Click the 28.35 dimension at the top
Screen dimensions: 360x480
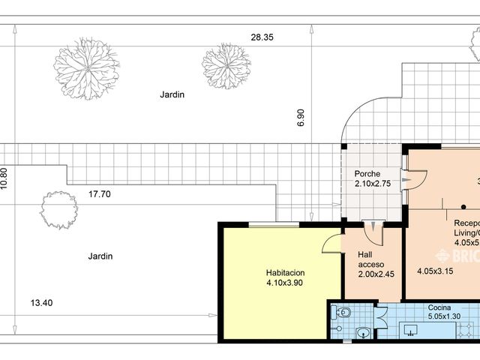pos(262,37)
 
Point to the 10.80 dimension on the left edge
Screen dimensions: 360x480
pos(4,178)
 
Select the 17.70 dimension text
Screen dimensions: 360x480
pos(100,193)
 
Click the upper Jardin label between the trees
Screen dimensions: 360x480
pos(172,95)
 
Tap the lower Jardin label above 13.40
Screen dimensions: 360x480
pos(100,256)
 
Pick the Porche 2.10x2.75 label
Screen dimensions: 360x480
pos(373,178)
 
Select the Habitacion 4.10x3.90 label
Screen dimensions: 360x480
pos(281,277)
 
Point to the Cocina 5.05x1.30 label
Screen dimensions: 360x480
pos(442,312)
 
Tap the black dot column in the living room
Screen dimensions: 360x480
pos(463,205)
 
